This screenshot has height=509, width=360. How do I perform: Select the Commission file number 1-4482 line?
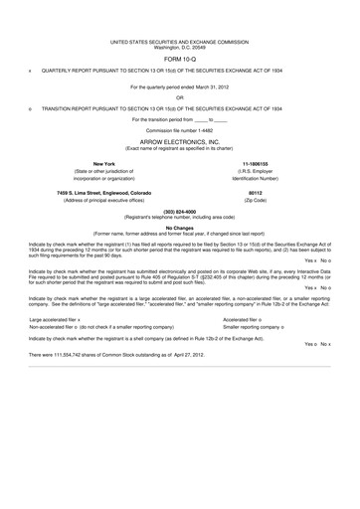(x=179, y=130)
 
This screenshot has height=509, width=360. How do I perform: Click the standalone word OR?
(x=179, y=96)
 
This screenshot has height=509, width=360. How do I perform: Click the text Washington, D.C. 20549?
(x=179, y=47)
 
